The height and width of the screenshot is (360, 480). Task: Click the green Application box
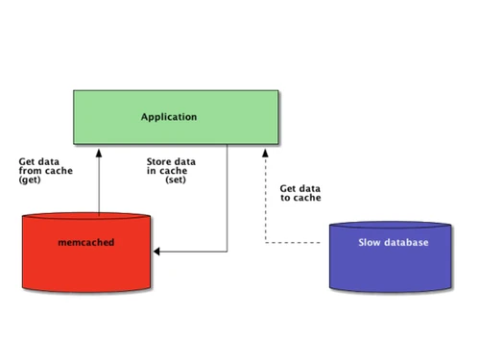click(177, 118)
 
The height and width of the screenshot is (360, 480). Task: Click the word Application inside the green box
click(168, 117)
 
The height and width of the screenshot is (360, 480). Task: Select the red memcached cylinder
click(86, 254)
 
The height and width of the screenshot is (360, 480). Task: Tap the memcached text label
click(86, 243)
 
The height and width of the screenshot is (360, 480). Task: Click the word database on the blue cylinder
click(407, 243)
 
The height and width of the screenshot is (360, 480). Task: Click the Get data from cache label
click(44, 171)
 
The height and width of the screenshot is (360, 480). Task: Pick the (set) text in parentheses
click(176, 180)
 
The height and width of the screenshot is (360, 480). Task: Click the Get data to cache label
click(300, 193)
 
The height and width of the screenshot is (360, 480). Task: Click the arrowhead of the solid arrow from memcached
click(98, 150)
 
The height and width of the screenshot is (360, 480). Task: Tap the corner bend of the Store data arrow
click(227, 252)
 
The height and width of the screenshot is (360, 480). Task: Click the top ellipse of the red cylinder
click(86, 219)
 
